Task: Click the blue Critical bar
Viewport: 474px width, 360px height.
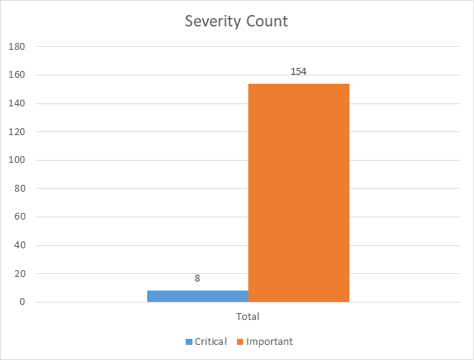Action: tap(197, 296)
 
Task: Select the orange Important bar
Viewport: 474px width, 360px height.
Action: tap(298, 192)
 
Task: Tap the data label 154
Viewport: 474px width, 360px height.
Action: tap(298, 72)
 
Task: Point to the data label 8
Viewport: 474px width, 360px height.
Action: tap(197, 278)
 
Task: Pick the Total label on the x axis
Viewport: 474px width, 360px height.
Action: tap(248, 316)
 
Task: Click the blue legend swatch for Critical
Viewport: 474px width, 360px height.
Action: tap(189, 342)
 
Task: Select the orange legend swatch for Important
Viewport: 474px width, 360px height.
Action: tap(240, 342)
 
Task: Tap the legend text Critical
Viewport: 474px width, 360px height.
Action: tap(211, 342)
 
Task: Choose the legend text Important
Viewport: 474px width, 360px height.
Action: tap(269, 342)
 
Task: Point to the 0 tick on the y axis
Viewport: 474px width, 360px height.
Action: tap(23, 303)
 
